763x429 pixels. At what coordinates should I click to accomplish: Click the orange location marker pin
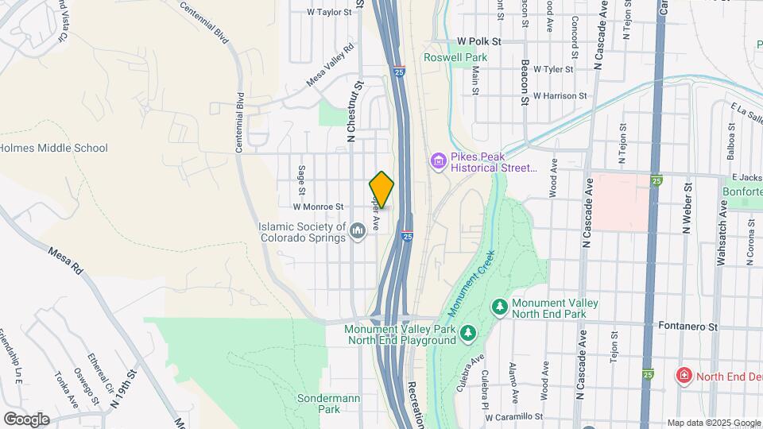pyautogui.click(x=382, y=189)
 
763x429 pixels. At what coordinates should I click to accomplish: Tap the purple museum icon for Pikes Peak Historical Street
pyautogui.click(x=437, y=161)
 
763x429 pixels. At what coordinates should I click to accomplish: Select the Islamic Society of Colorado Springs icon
pyautogui.click(x=358, y=230)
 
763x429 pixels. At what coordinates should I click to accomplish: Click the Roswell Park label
pyautogui.click(x=455, y=57)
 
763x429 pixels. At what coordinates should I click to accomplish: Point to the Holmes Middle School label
pyautogui.click(x=53, y=148)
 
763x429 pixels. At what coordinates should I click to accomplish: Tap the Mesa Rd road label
pyautogui.click(x=65, y=261)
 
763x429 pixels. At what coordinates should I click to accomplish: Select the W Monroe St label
pyautogui.click(x=317, y=207)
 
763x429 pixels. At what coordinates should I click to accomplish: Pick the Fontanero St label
pyautogui.click(x=688, y=326)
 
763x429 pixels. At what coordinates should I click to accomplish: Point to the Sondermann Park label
pyautogui.click(x=318, y=403)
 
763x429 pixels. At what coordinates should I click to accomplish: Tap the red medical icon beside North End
pyautogui.click(x=682, y=374)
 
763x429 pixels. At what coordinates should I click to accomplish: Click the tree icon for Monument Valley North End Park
pyautogui.click(x=499, y=306)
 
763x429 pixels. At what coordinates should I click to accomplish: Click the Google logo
pyautogui.click(x=26, y=419)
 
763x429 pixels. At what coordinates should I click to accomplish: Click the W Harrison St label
pyautogui.click(x=560, y=96)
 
